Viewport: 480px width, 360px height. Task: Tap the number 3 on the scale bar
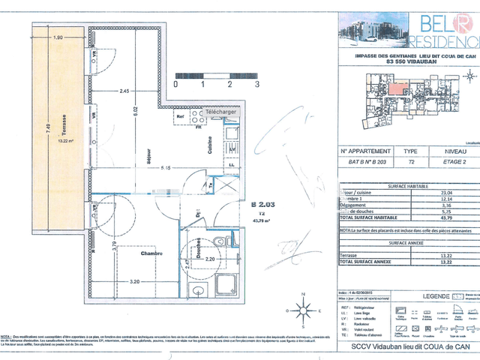pos(256,85)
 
